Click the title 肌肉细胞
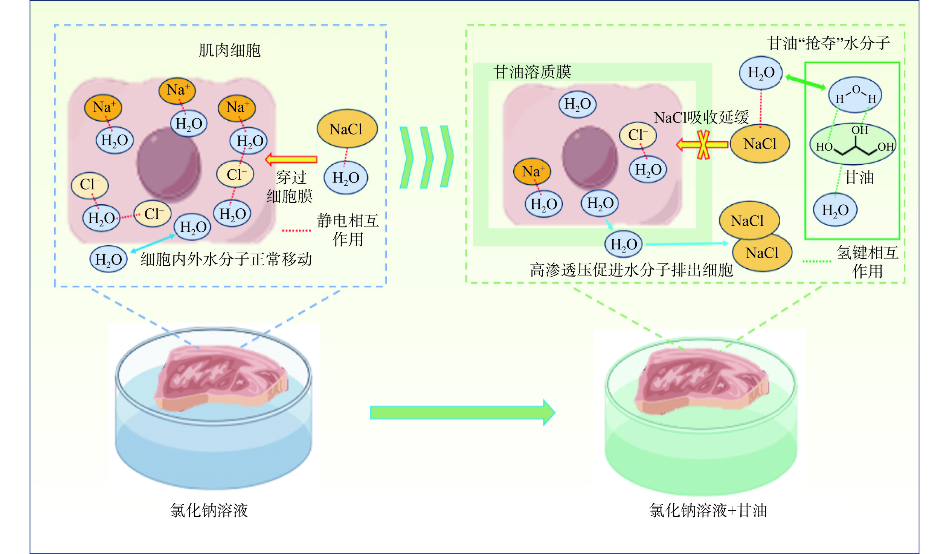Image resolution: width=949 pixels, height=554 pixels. tap(230, 51)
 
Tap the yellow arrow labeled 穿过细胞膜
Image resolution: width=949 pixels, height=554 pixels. tap(291, 159)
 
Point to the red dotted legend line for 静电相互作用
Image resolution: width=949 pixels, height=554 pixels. tap(296, 230)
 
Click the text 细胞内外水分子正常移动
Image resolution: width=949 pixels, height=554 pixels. tap(226, 259)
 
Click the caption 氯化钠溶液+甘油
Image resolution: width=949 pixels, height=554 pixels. tap(708, 511)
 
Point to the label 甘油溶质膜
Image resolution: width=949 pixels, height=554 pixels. tap(532, 72)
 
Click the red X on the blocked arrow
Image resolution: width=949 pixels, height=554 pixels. tap(703, 145)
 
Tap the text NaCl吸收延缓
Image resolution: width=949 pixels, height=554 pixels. tap(701, 118)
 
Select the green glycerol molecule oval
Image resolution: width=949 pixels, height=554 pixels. tap(853, 144)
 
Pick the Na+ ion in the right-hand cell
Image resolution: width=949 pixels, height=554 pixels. tap(532, 171)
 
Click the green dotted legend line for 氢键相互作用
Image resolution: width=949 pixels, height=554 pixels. tap(816, 261)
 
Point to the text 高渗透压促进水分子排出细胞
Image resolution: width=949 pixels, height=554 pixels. tap(631, 270)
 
